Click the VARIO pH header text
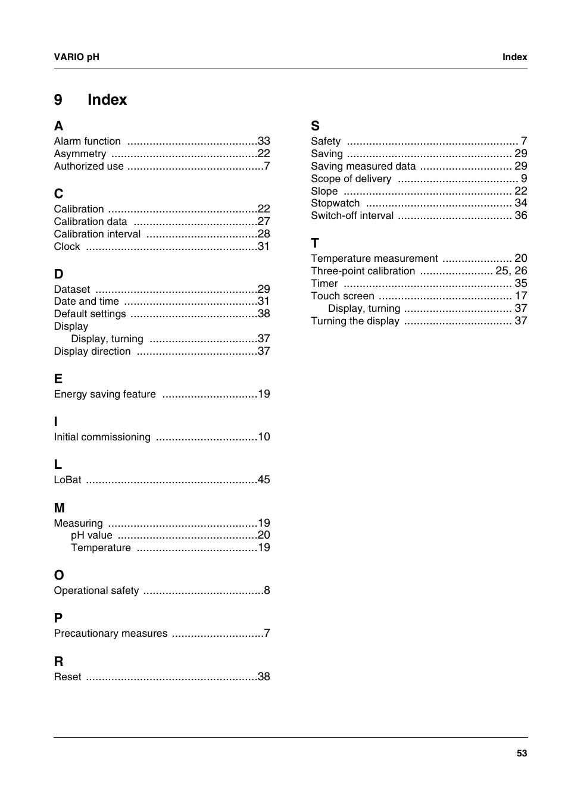(x=76, y=57)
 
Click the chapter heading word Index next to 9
(x=107, y=99)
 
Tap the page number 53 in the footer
(x=522, y=753)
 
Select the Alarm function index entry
(x=87, y=141)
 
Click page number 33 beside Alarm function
(x=264, y=141)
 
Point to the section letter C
(x=58, y=193)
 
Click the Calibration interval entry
(x=97, y=234)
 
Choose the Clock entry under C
(x=67, y=246)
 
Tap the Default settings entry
(x=90, y=314)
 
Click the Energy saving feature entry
(x=105, y=394)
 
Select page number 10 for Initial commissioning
(x=264, y=437)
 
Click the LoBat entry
(x=67, y=480)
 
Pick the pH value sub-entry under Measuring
(x=91, y=535)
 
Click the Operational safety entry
(x=96, y=590)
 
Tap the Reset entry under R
(x=67, y=677)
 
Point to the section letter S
(x=315, y=126)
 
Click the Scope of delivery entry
(x=351, y=179)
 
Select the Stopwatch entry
(x=335, y=203)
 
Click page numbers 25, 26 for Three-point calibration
(x=511, y=271)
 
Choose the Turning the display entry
(x=355, y=321)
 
